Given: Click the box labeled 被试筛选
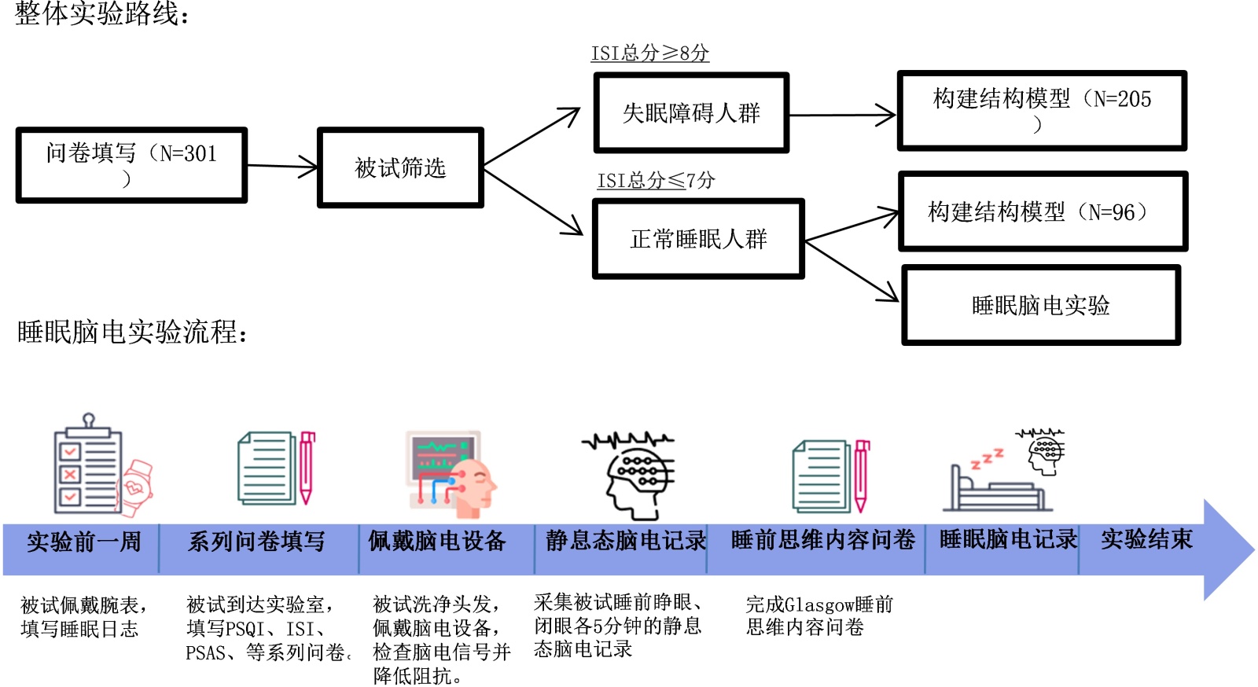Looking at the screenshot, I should point(400,167).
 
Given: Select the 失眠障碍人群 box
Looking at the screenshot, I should point(691,112).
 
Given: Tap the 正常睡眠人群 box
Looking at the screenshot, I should point(698,238).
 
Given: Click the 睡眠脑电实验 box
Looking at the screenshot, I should point(1041,305).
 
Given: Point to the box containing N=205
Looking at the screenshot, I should point(1042,110).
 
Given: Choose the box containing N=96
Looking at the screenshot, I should point(1043,211).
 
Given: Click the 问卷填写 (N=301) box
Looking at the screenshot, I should point(131,165).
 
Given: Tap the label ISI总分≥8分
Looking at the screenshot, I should point(650,53).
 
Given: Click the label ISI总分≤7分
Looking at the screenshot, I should point(656,181).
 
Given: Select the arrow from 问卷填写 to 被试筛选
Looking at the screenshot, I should point(282,166).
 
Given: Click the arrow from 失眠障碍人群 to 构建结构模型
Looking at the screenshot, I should point(842,116).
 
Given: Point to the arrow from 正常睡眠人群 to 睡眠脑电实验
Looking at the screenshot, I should point(852,271).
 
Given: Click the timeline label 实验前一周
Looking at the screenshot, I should point(83,542).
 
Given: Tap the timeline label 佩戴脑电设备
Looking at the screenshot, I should point(437,541).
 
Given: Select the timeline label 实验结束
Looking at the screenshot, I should point(1146,539).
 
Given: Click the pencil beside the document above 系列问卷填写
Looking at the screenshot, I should point(307,468).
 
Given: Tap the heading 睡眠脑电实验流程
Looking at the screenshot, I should point(132,332).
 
